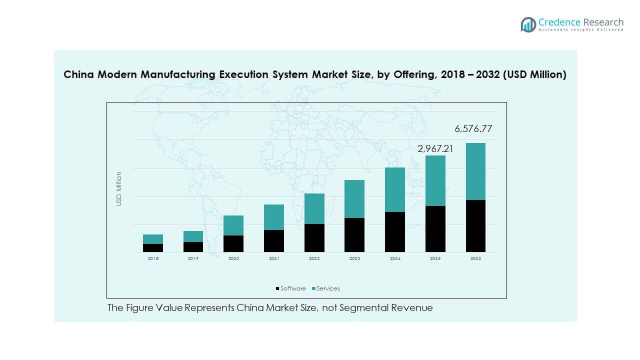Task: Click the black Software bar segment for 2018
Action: coord(153,248)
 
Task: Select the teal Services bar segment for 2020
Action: coord(233,225)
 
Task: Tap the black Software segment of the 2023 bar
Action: coord(354,235)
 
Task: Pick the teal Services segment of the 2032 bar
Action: coord(475,171)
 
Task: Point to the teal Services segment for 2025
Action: coord(435,180)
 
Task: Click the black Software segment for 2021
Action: coord(274,241)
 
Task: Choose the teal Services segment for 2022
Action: coord(314,208)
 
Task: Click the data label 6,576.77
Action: coord(473,129)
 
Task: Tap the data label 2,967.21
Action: coord(435,148)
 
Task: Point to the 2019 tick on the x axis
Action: coord(193,259)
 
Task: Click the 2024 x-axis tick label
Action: coord(395,259)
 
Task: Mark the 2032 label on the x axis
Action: coord(475,259)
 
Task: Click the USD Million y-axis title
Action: coord(119,189)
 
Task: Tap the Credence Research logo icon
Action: coord(528,24)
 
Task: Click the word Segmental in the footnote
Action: coord(361,308)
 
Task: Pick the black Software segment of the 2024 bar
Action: coord(395,232)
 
